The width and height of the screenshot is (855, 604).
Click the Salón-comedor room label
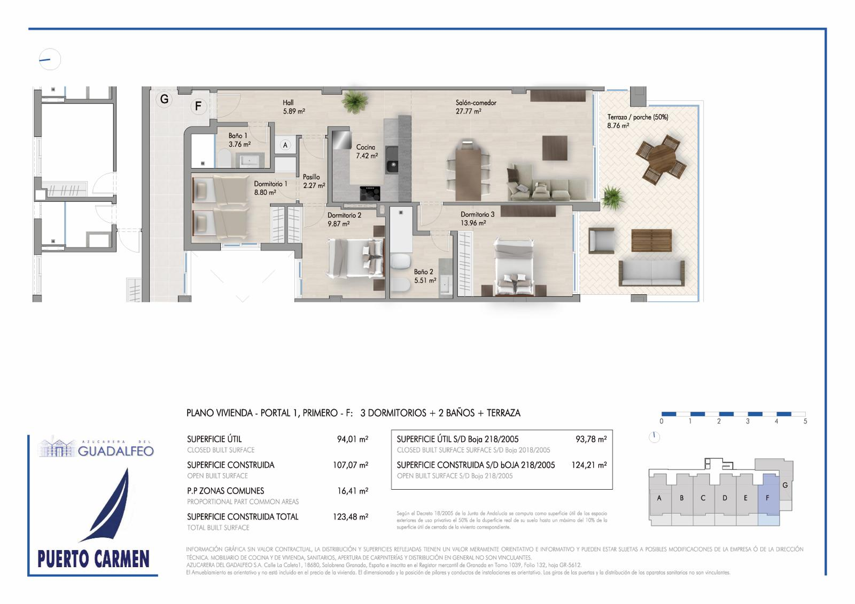tap(476, 103)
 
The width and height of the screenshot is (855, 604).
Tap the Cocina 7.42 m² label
tap(367, 152)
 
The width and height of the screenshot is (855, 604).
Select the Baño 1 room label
tap(238, 136)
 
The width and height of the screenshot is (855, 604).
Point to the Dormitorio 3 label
tap(477, 215)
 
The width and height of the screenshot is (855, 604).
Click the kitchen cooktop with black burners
tap(370, 193)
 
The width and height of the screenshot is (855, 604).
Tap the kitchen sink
tap(392, 160)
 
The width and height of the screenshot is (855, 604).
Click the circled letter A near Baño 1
tap(285, 145)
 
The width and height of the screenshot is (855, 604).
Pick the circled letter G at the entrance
tap(164, 99)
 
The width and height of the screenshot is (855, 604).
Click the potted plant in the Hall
tap(355, 101)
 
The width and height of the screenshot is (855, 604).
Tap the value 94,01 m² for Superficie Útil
tap(352, 439)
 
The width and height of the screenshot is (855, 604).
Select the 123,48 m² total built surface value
tap(351, 516)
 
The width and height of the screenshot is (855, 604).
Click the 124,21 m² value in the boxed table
tap(589, 465)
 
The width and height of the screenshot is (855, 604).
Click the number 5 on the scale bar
tap(805, 421)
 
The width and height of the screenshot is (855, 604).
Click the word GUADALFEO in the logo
tap(115, 451)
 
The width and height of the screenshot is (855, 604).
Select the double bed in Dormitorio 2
tap(355, 257)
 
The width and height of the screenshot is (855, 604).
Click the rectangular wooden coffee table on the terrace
tap(651, 240)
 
